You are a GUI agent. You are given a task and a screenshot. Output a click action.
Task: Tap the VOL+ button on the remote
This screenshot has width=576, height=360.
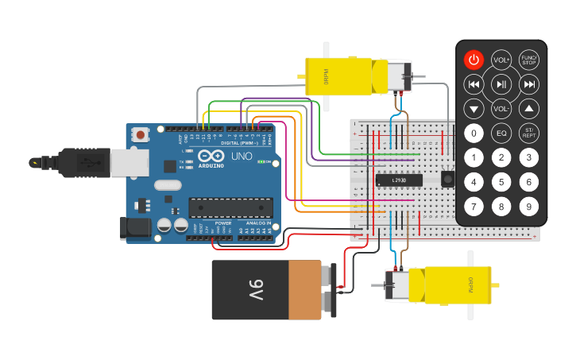coord(501,60)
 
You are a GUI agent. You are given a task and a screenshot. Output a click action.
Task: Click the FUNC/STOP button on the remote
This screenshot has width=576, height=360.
coord(528,60)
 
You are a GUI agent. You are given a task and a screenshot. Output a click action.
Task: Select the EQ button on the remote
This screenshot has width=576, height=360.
coord(501,133)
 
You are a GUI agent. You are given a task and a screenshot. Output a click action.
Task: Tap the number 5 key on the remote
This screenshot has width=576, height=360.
coord(501,182)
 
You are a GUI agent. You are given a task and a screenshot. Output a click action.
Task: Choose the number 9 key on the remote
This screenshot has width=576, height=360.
coord(528,207)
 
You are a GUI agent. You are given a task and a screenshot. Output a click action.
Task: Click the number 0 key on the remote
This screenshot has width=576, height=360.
coord(474,133)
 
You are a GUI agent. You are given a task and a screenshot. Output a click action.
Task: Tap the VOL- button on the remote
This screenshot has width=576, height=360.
coord(501,109)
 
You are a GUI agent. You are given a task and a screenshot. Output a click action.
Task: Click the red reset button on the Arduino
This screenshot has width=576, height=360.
coord(141,135)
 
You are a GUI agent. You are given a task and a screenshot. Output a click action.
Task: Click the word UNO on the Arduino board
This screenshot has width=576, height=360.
coord(241,157)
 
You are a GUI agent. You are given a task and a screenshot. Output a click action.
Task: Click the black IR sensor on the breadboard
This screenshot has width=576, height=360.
coord(447,179)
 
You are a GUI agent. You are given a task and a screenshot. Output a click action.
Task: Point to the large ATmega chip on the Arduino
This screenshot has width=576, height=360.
coord(230,208)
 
